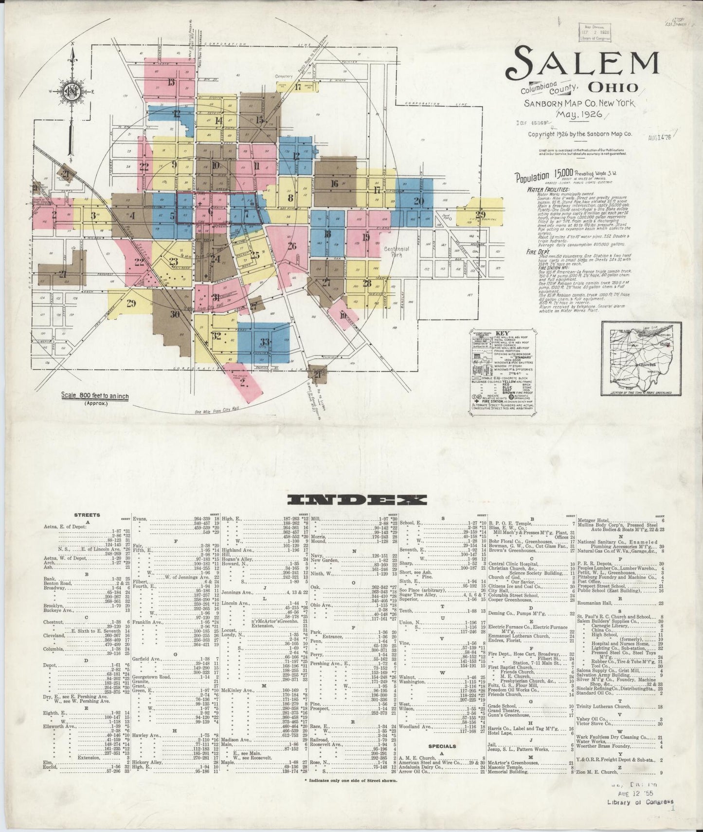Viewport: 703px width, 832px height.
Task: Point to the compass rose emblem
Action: pos(71,91)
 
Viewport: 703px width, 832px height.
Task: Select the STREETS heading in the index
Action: pos(88,514)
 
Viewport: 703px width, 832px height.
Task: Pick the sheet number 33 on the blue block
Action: pos(265,342)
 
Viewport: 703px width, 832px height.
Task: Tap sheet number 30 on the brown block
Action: pos(175,314)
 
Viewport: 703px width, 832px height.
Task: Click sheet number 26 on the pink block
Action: pos(291,246)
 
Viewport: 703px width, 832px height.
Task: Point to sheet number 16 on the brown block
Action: pos(334,183)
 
